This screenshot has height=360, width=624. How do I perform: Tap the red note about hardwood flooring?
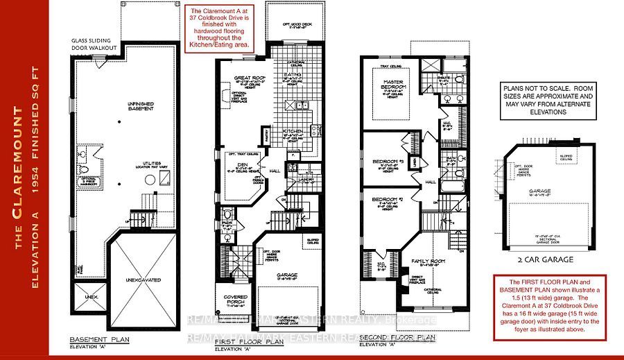pos(218,28)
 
